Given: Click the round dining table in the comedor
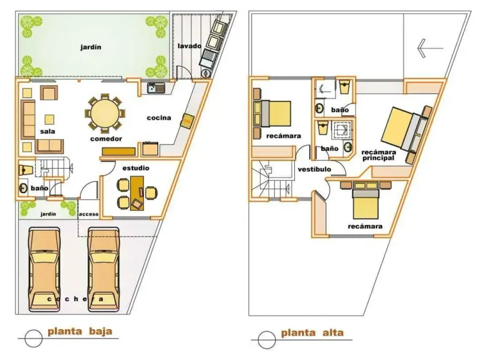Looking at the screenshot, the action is coord(105,113).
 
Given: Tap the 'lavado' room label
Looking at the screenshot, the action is coord(190,46).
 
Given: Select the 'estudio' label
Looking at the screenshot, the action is coord(136,168).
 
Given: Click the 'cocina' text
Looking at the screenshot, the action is coord(159,118).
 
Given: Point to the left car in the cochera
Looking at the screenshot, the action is coord(44,269).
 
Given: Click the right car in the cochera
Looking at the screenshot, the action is coord(103,269).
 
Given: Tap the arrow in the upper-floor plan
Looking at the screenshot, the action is coord(430,48).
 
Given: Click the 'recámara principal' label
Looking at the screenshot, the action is coord(378,155).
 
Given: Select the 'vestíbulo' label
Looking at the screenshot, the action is coord(314,169).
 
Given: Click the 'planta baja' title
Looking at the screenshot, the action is coord(80,331).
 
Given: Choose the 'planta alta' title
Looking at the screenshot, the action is coord(312,333).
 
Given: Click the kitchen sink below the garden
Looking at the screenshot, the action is coord(156,88).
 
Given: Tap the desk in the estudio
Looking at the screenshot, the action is coord(137,193).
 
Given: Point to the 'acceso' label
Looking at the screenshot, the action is coord(89,214).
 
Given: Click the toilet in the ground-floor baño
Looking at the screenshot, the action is coord(26,170).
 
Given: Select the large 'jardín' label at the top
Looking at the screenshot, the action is coord(91,47).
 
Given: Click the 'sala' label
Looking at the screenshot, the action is coord(48,131).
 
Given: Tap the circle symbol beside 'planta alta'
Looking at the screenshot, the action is coord(267,340).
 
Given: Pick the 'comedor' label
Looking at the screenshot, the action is coord(106,139).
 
